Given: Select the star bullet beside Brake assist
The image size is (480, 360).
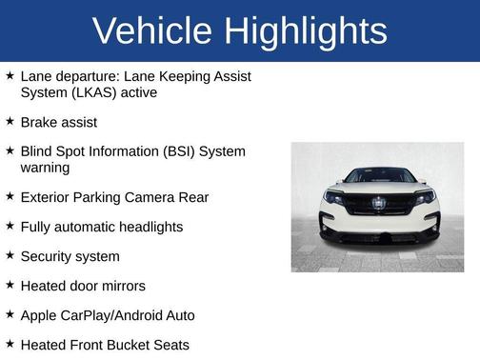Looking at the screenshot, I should pos(9,122).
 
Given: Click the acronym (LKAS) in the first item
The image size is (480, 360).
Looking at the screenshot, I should pos(101,93).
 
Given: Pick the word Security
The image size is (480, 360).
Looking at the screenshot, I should pos(48,256).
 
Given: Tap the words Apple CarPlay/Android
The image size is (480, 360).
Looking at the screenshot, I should pos(92,315).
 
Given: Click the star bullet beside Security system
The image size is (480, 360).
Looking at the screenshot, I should pos(9,256).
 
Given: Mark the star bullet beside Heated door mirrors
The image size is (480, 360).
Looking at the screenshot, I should pos(9,286).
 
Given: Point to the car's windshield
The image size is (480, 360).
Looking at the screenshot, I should pos(379,177).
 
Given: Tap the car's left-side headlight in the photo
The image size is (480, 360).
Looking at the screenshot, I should pos(334,197).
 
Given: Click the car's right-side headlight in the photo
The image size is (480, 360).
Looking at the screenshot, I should pos(424,197).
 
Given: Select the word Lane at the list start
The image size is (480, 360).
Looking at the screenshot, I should pos(36,76).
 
